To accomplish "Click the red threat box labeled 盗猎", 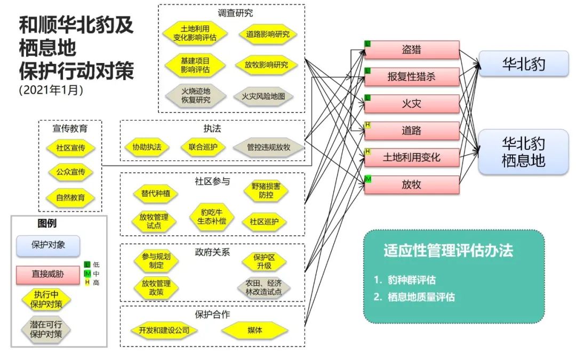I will [x=411, y=50].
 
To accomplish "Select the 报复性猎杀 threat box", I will [x=411, y=77].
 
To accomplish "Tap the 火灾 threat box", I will [x=411, y=103].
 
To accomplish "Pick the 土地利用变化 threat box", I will [x=411, y=158].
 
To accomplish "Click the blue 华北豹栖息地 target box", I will [x=523, y=151].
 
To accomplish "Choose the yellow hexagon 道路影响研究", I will [x=268, y=34].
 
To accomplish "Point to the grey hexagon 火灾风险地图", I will [x=267, y=97].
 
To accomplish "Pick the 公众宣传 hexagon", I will [x=71, y=172].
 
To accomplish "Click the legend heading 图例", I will [x=47, y=223].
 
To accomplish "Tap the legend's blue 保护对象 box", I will [x=48, y=246].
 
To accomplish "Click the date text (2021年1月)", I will [x=51, y=90].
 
